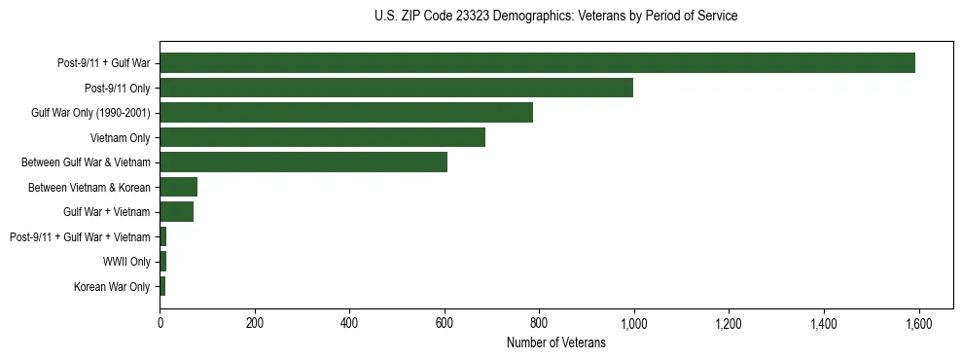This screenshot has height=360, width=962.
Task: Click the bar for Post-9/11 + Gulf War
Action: [537, 63]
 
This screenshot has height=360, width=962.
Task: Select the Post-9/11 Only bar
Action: [396, 89]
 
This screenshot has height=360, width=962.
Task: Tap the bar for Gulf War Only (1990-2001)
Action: [346, 113]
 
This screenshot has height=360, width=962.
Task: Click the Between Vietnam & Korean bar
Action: [179, 187]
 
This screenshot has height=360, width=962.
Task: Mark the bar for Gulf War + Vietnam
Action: [177, 212]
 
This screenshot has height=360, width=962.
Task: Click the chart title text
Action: [555, 17]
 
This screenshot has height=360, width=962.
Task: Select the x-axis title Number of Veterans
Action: [555, 343]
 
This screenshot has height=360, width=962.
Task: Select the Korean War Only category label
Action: [112, 287]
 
